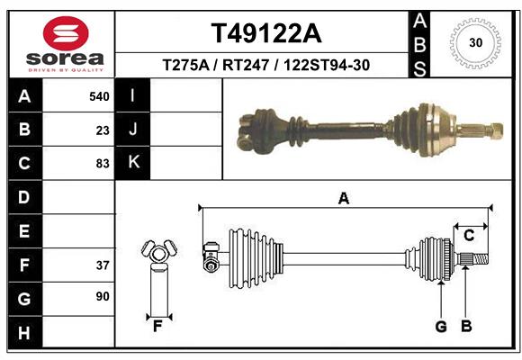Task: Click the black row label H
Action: click(23, 333)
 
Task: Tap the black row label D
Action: click(23, 197)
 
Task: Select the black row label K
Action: click(134, 163)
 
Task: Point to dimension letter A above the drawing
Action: click(343, 199)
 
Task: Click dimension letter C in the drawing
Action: click(469, 235)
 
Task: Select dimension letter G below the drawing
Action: click(441, 326)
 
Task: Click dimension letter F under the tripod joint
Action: click(157, 326)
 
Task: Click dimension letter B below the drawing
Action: click(466, 326)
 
